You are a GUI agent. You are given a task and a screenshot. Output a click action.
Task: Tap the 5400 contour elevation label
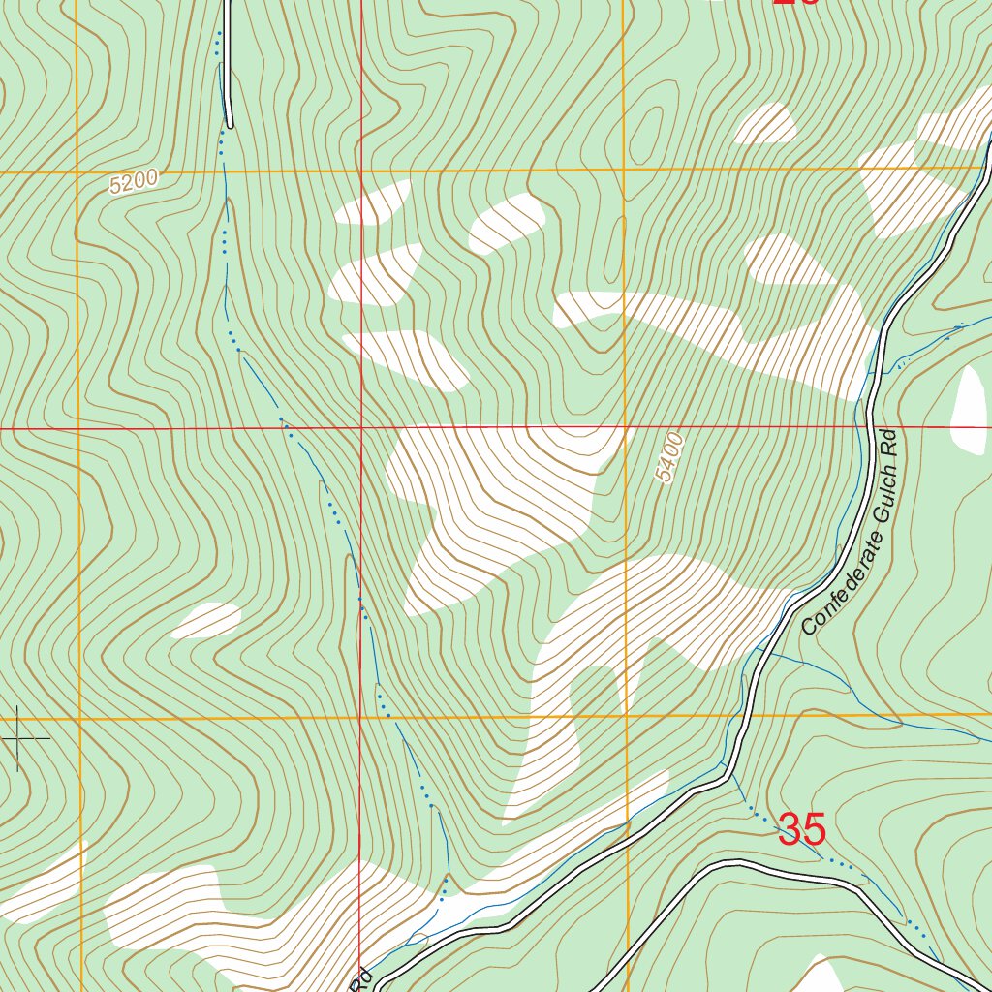tap(669, 459)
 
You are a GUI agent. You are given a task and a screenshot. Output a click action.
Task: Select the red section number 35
tap(802, 830)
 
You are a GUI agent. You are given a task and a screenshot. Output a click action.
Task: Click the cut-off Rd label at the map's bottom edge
tap(361, 980)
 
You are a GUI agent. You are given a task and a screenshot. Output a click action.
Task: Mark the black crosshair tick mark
tap(17, 739)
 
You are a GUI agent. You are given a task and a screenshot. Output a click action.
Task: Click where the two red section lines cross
tap(360, 426)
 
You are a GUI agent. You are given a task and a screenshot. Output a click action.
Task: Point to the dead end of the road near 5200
tap(230, 125)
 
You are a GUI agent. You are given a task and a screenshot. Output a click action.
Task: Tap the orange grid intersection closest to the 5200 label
tap(77, 173)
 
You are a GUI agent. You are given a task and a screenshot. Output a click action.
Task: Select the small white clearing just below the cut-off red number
tap(765, 124)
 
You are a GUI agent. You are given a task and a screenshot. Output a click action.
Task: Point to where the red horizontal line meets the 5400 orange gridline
tap(626, 426)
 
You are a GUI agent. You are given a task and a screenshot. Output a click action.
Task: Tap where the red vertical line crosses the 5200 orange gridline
tap(360, 171)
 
